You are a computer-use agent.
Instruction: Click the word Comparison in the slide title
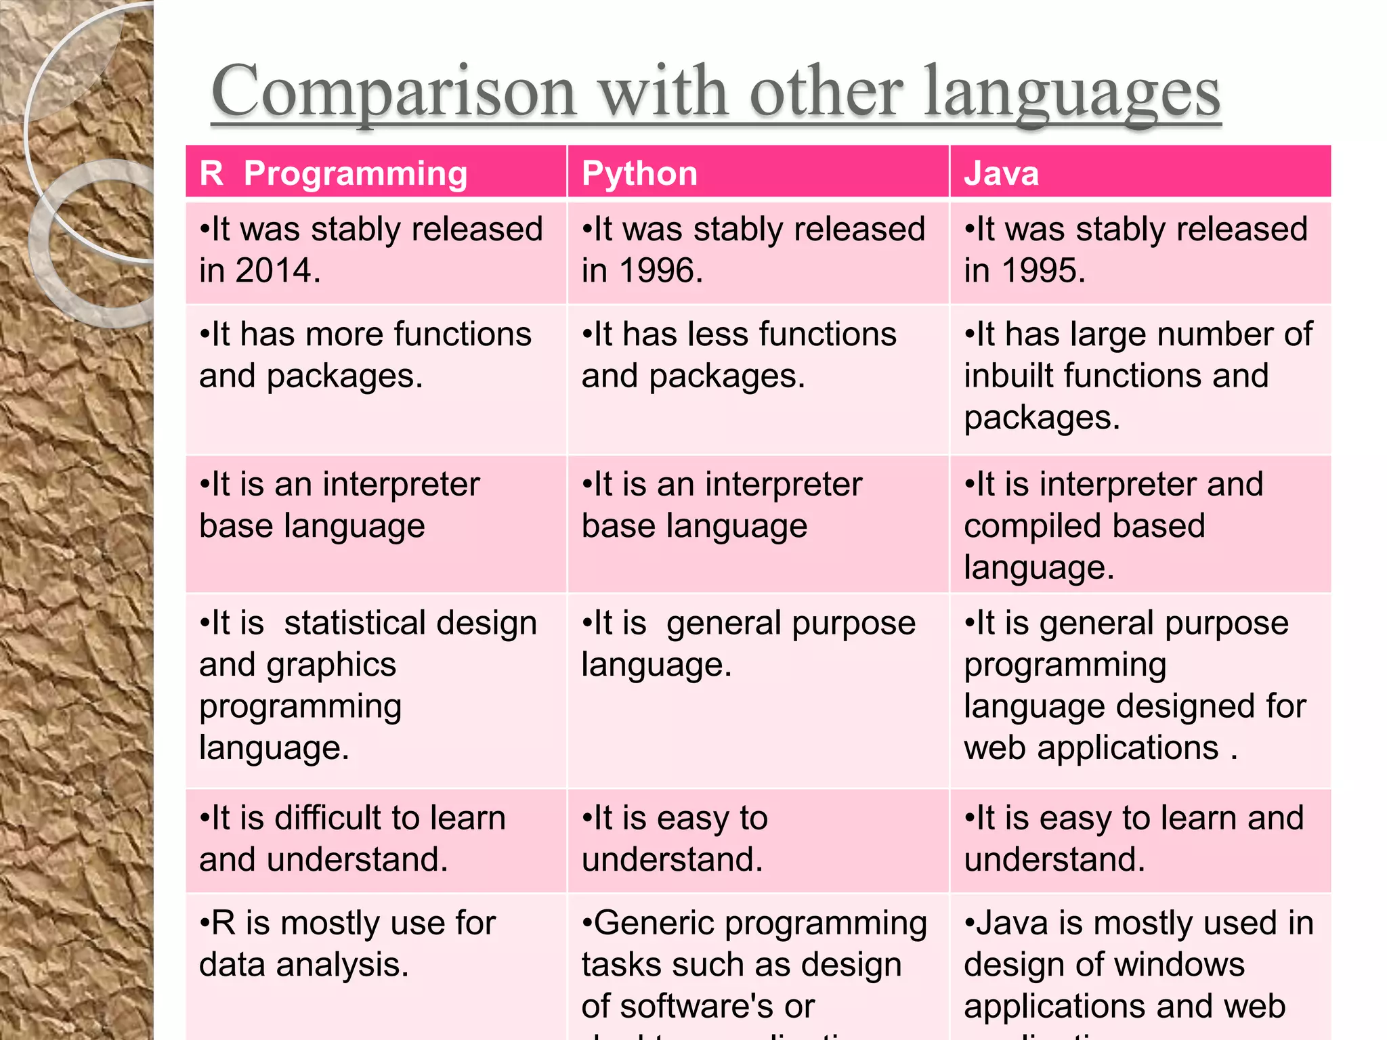click(393, 93)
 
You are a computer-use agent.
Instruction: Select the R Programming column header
click(333, 173)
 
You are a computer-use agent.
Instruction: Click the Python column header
click(639, 173)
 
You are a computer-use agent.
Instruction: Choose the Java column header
click(1001, 173)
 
